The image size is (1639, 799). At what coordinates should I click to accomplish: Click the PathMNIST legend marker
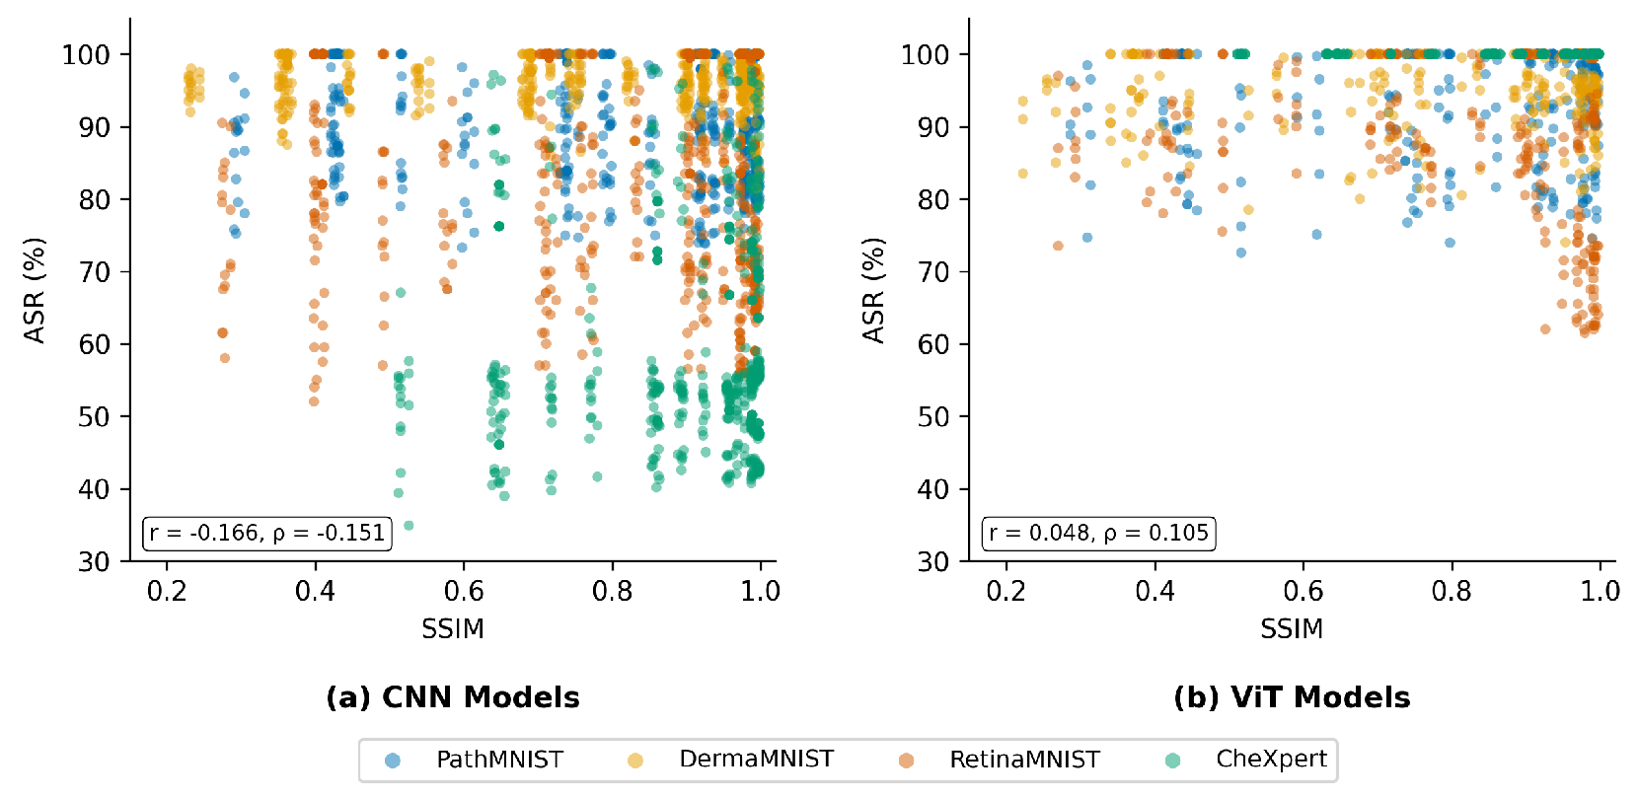click(393, 760)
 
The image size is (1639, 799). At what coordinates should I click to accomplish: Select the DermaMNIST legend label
click(756, 759)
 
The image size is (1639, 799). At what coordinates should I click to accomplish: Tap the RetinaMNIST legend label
click(1024, 760)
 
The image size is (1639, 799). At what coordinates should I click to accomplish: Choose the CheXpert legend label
click(1271, 759)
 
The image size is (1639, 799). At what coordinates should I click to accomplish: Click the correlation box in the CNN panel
click(267, 534)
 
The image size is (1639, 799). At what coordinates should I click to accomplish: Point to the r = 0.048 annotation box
click(1098, 534)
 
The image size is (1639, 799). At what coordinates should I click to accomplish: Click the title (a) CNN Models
click(453, 697)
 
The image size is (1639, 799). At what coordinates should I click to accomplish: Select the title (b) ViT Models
click(1292, 697)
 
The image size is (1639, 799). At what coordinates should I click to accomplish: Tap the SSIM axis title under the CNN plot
click(453, 629)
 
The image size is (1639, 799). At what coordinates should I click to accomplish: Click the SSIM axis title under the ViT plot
click(1292, 629)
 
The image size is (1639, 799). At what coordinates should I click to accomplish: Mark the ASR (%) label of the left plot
click(36, 290)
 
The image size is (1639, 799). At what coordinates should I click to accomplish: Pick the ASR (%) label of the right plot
click(873, 290)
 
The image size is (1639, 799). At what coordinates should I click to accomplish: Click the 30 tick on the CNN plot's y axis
click(94, 561)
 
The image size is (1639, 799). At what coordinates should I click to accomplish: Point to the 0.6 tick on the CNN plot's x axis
click(464, 591)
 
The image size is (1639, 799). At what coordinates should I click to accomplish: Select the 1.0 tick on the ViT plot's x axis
click(1600, 591)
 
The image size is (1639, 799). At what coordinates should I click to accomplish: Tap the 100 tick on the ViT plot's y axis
click(925, 54)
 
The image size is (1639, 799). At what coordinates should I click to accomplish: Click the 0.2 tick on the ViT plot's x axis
click(1006, 591)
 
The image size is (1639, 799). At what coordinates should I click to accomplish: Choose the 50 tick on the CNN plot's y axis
click(94, 416)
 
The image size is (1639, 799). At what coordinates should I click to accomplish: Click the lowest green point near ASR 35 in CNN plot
click(409, 526)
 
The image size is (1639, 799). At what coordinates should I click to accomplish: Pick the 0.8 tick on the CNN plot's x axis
click(612, 591)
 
